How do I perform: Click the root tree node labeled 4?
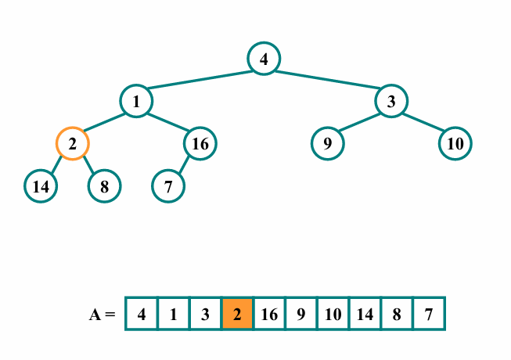(x=264, y=59)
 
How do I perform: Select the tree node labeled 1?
(x=135, y=101)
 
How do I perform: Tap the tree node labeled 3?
(x=390, y=101)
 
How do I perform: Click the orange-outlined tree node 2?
(x=72, y=143)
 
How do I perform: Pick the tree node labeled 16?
(x=200, y=143)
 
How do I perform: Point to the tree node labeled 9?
(x=327, y=143)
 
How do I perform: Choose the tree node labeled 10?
(x=455, y=143)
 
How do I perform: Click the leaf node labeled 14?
(x=41, y=186)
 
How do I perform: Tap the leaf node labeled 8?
(x=104, y=186)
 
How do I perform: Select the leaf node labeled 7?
(x=168, y=186)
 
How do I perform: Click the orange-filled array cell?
(x=237, y=314)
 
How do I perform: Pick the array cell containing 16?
(x=269, y=314)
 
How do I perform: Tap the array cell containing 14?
(x=365, y=314)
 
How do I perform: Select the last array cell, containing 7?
(x=429, y=314)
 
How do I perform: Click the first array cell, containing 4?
(x=142, y=314)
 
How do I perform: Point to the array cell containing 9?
(x=301, y=314)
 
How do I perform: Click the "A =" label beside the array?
(x=103, y=315)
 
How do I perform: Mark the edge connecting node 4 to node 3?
(x=327, y=80)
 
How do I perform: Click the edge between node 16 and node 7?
(x=184, y=165)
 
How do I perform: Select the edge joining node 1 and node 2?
(x=104, y=122)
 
